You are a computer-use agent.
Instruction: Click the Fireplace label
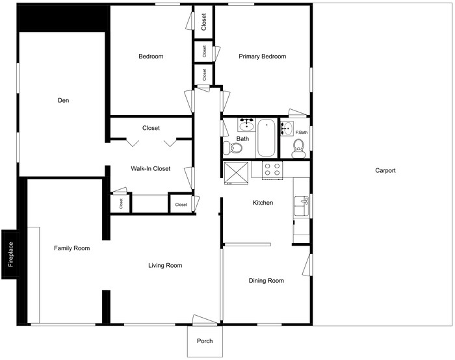[10, 254]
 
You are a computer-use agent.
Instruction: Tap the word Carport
[385, 171]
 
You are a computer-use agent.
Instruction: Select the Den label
[63, 101]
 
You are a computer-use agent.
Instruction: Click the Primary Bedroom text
[262, 57]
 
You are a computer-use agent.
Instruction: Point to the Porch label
[205, 341]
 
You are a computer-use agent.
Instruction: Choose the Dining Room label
[266, 281]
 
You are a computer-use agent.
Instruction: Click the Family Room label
[71, 248]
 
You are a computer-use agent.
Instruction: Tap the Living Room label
[165, 265]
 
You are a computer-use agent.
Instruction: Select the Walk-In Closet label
[150, 169]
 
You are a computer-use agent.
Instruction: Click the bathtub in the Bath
[266, 138]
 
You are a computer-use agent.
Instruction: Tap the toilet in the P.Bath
[299, 149]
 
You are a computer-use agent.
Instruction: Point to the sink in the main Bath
[246, 125]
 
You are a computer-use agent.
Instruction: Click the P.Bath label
[301, 133]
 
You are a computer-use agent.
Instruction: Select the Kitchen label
[263, 203]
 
